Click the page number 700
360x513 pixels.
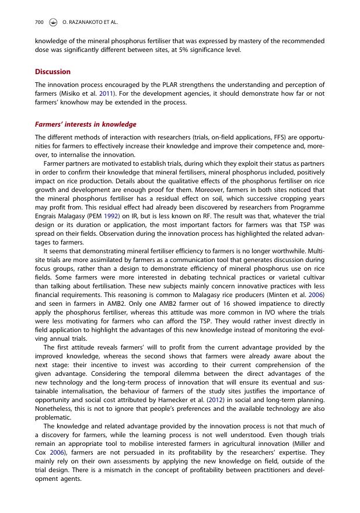(39, 22)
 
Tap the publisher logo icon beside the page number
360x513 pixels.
(53, 22)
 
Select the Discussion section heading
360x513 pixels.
(53, 72)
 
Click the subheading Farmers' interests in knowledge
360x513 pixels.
(85, 124)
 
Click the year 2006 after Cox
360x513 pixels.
(57, 452)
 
